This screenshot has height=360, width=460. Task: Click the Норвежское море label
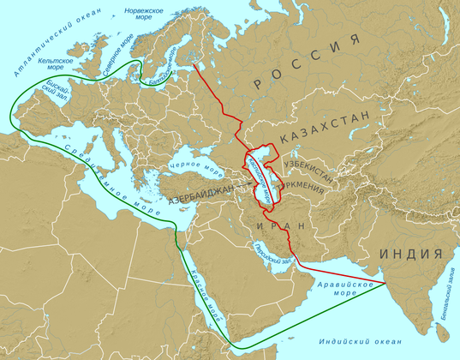(145, 13)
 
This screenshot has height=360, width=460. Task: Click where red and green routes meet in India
(387, 282)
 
